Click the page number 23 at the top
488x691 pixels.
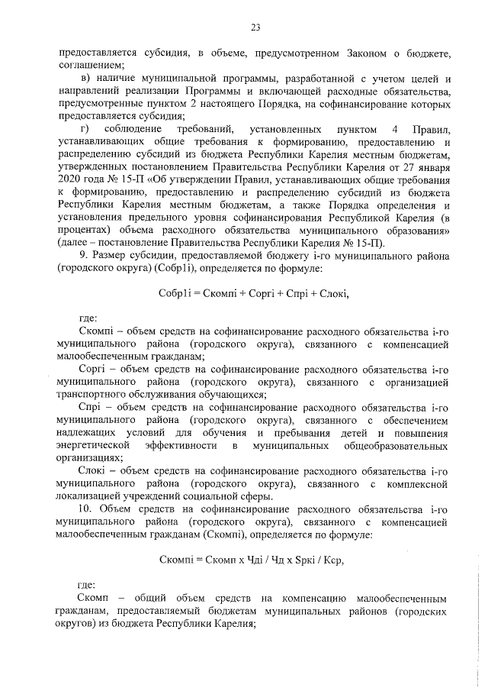(255, 28)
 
